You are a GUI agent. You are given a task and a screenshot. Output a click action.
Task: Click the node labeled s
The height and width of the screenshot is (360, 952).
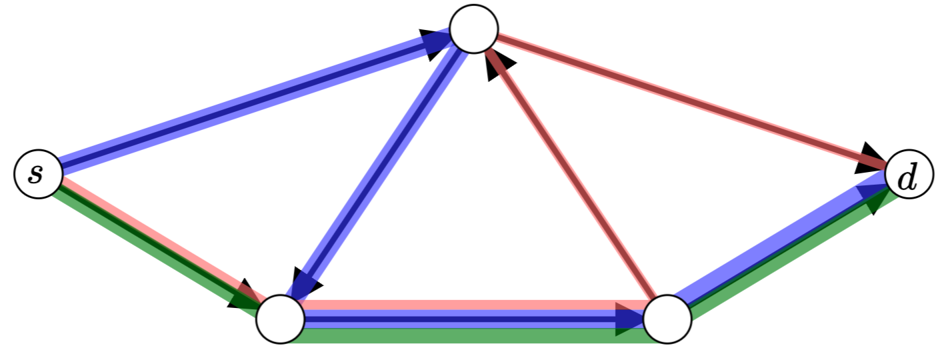(38, 175)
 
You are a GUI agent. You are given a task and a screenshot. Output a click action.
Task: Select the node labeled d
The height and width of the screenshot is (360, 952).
(909, 179)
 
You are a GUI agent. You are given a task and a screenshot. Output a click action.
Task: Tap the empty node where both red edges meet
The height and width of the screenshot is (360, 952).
(474, 29)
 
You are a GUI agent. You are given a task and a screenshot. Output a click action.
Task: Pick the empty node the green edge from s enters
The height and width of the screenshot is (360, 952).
(281, 319)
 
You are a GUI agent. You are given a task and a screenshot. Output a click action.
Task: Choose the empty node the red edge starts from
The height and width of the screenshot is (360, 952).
(667, 319)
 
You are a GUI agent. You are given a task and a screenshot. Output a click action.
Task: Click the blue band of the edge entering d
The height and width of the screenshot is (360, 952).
(773, 240)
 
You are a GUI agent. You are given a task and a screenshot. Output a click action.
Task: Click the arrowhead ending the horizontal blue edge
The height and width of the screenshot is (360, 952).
(629, 320)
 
